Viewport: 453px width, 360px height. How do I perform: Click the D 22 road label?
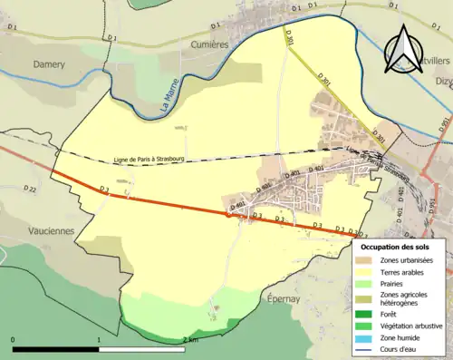[x=28, y=190]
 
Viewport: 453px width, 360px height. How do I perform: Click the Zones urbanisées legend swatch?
[x=368, y=260]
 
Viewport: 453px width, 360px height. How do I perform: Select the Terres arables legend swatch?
[x=368, y=271]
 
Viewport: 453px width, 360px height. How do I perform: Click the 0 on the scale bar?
[x=14, y=339]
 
